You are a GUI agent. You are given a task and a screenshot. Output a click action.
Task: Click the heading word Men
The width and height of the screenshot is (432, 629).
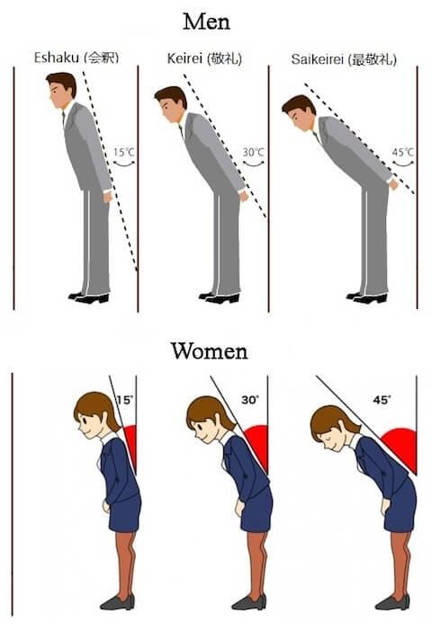tap(206, 22)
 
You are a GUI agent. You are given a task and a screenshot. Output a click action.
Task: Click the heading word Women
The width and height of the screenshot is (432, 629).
tap(209, 350)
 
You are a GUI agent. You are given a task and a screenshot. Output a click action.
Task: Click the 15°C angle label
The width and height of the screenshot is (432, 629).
tap(124, 153)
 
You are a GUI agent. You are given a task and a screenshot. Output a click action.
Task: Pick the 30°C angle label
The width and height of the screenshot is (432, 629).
tap(254, 153)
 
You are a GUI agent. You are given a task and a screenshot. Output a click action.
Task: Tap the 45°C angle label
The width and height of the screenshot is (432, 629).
tap(403, 153)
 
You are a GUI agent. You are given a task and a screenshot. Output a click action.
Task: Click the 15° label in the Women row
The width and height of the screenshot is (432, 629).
tap(124, 400)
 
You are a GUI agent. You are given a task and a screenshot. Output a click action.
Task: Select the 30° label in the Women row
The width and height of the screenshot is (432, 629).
tap(250, 400)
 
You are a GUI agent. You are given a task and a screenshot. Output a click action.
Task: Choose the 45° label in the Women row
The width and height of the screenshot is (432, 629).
tap(382, 400)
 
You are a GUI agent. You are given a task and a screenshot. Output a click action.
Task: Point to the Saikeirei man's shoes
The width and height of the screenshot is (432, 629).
tap(366, 297)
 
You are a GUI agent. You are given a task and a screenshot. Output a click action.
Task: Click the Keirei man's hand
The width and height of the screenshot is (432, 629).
tap(244, 196)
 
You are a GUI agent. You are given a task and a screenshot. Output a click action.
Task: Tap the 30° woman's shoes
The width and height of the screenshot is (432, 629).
tap(248, 603)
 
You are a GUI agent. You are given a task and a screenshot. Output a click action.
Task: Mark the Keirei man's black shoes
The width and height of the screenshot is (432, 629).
tap(219, 297)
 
